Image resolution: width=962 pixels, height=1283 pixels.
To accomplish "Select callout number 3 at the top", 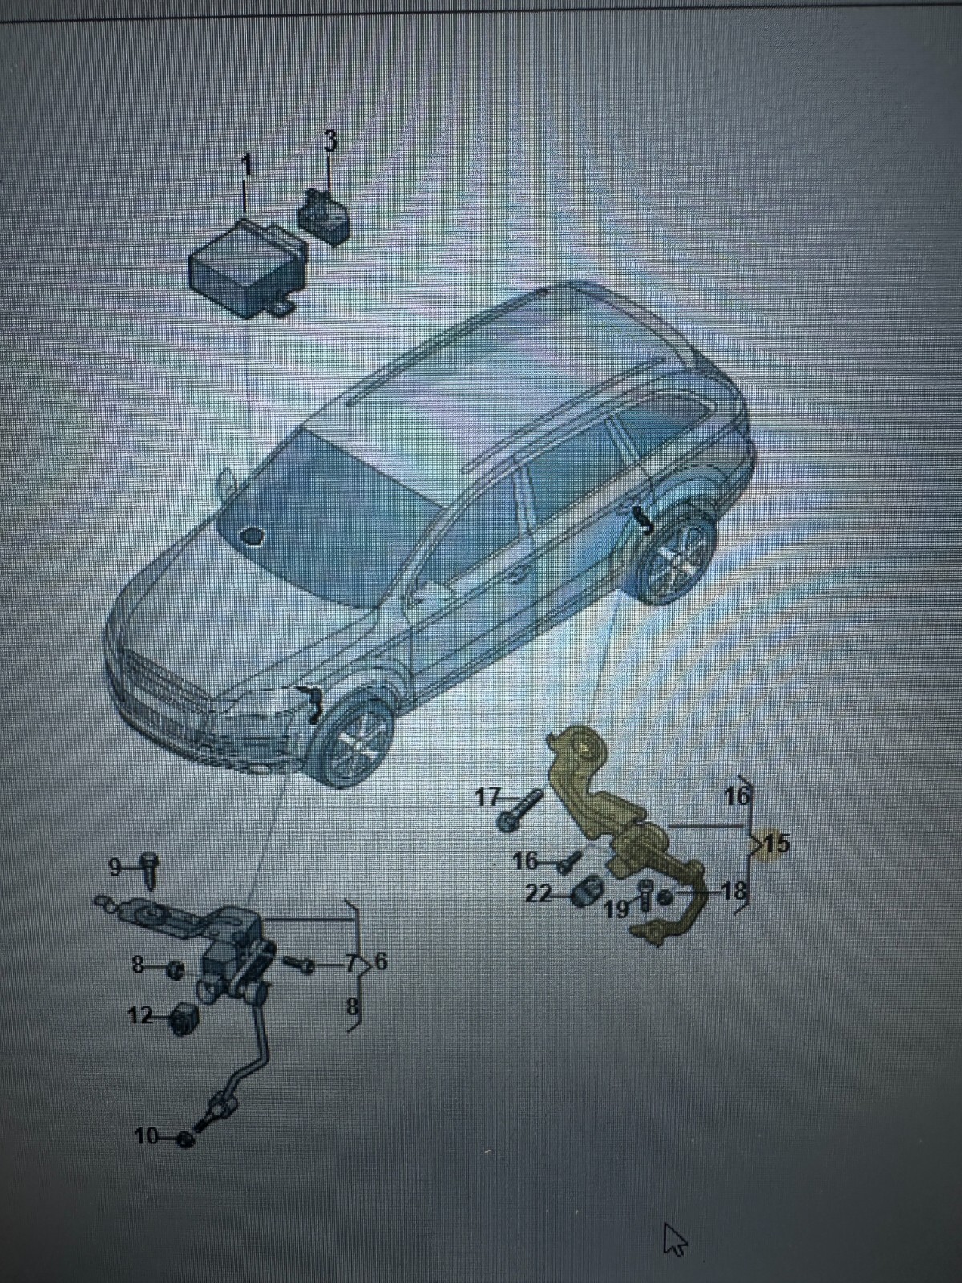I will tap(330, 140).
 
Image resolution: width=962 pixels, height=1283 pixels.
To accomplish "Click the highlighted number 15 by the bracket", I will tap(774, 844).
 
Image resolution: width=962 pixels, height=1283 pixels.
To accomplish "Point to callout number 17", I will tap(487, 797).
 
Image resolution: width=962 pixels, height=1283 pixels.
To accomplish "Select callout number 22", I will tap(536, 893).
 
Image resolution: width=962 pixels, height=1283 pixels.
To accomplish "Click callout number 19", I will tap(616, 909).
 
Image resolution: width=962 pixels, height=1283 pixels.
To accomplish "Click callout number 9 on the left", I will tap(115, 867).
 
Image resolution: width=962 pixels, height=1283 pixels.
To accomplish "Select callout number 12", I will tap(139, 1016).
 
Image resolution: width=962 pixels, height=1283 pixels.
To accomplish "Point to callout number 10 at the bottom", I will tap(146, 1136).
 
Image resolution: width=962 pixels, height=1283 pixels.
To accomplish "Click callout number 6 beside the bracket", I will tap(381, 961).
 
